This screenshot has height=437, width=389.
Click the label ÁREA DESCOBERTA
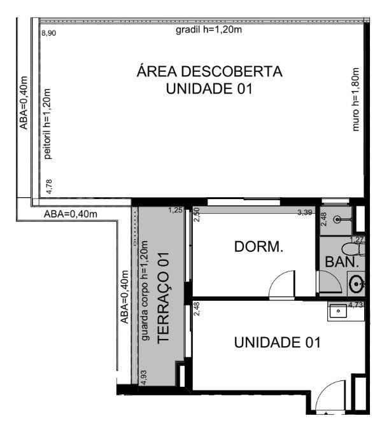[x=209, y=72]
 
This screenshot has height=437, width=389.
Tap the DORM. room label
[x=258, y=247]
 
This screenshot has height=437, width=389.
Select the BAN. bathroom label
[x=342, y=262]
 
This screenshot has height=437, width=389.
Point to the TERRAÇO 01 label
[x=164, y=298]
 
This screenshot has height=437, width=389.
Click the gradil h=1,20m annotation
[x=209, y=29]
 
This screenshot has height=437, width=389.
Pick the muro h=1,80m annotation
[x=355, y=99]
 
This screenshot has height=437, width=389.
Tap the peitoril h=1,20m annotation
[x=47, y=124]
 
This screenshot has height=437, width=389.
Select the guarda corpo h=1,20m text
[x=145, y=291]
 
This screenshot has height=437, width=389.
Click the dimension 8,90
[x=49, y=33]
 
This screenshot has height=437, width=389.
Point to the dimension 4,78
[x=49, y=186]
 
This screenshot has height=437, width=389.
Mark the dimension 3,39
[x=305, y=212]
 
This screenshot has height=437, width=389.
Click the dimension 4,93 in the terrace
[x=144, y=377]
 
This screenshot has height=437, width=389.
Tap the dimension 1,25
[x=175, y=210]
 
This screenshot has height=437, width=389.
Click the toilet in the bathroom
[x=353, y=249]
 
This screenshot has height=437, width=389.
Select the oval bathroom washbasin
[x=357, y=284]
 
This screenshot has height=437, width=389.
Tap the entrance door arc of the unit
[x=325, y=389]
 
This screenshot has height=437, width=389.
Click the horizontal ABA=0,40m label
[x=71, y=214]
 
